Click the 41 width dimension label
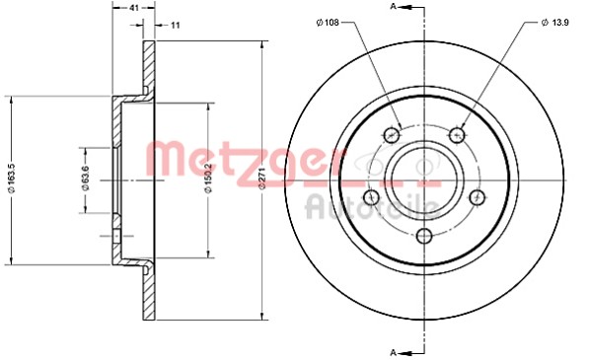pyautogui.click(x=134, y=8)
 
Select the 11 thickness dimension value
pyautogui.click(x=176, y=26)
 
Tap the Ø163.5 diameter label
pyautogui.click(x=11, y=179)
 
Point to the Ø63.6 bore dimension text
pyautogui.click(x=86, y=178)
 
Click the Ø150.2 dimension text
pyautogui.click(x=209, y=179)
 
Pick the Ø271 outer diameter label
pyautogui.click(x=262, y=179)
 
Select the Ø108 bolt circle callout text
pyautogui.click(x=328, y=23)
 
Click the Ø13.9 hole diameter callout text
pyautogui.click(x=554, y=23)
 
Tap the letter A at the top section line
pyautogui.click(x=394, y=6)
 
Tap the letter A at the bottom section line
pyautogui.click(x=394, y=352)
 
